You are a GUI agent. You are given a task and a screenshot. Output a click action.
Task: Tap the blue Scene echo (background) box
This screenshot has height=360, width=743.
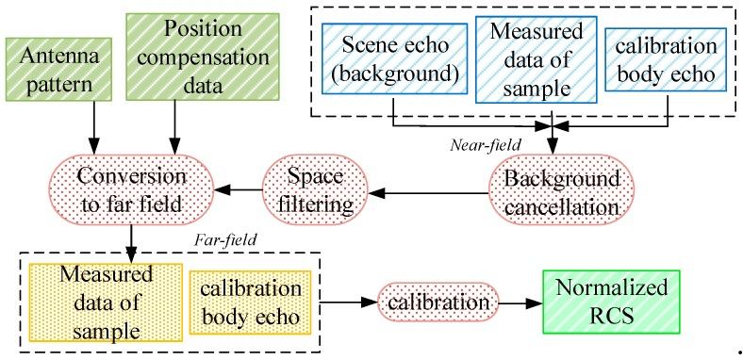[x=389, y=58]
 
